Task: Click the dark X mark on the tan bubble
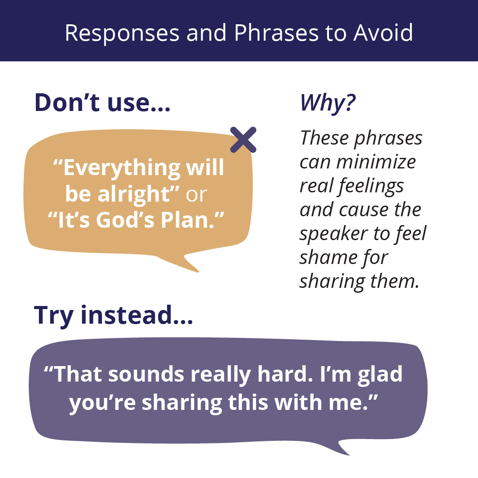[243, 140]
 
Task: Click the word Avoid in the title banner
[383, 33]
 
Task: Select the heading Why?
[328, 103]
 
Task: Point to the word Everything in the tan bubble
[117, 168]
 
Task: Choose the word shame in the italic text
[328, 257]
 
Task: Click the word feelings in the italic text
[371, 187]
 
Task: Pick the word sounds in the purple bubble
[146, 374]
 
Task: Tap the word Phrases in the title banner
[276, 33]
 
